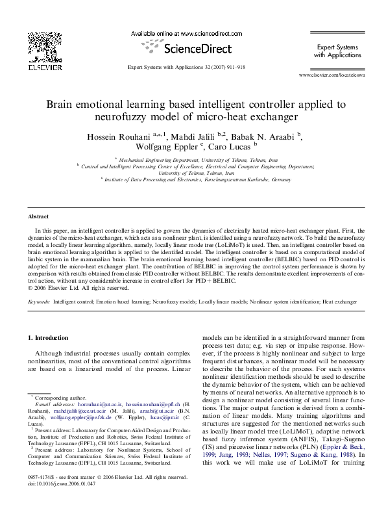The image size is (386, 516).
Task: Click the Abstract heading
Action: point(38,216)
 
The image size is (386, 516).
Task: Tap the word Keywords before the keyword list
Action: point(40,302)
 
